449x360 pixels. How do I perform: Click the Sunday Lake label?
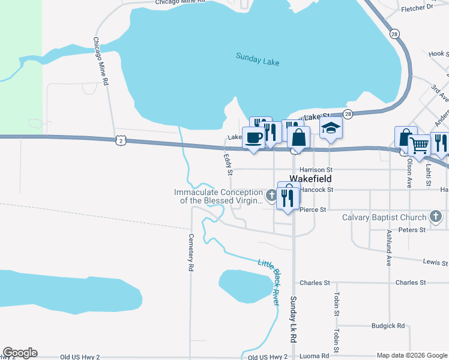coord(258,57)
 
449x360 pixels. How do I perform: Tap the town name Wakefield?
coord(311,179)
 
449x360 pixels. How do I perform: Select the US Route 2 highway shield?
coord(121,140)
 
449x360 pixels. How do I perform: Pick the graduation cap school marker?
coord(331,128)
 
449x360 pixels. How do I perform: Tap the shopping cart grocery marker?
coord(419,145)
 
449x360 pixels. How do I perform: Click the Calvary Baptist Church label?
coord(384,217)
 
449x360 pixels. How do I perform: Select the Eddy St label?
coord(228,164)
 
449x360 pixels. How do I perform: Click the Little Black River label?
coord(269,281)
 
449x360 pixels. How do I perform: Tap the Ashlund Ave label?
coord(389,248)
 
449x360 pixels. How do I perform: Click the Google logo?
coord(20,353)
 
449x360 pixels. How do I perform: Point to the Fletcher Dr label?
coord(417,8)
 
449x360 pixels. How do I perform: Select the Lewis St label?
coord(435,262)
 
